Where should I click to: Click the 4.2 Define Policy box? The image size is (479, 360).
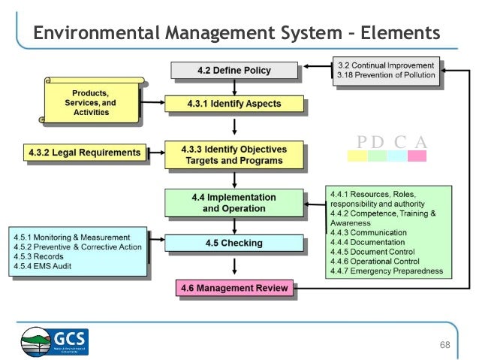233,71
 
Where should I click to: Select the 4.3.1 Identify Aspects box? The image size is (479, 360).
233,103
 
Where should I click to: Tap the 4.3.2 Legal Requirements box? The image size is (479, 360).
82,153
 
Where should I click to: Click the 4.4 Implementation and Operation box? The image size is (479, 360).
233,202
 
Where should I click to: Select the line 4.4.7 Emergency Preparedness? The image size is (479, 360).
386,271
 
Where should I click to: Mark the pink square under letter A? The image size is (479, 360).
417,156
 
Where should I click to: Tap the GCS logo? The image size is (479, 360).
55,341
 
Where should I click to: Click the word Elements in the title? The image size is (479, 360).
400,33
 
